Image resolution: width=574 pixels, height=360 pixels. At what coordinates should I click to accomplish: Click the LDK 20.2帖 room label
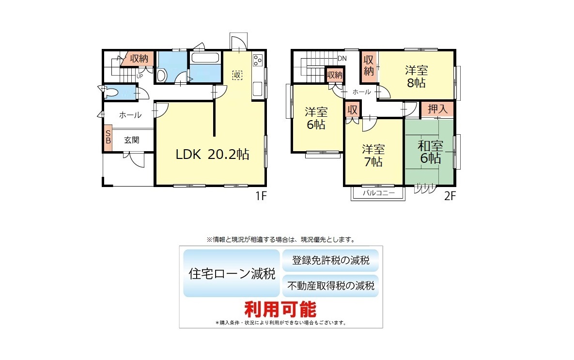212,154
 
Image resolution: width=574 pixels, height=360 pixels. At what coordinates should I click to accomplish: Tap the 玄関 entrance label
131,140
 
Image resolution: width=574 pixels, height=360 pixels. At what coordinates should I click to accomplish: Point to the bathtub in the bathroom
205,58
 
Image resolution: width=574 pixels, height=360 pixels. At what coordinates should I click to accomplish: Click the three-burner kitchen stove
258,60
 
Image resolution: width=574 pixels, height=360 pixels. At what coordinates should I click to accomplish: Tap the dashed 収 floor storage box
237,76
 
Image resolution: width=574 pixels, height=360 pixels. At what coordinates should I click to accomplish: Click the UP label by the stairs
140,77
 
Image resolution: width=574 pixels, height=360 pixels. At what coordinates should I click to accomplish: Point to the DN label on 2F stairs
342,59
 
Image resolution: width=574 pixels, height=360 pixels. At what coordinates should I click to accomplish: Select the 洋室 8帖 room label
416,77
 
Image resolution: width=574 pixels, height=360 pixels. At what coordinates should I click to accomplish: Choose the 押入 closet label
437,109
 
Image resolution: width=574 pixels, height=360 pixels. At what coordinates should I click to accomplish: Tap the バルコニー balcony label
378,193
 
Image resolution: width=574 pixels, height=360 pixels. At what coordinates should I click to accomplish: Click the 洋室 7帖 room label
373,155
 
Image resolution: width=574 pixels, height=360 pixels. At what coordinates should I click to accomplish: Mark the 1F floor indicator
261,196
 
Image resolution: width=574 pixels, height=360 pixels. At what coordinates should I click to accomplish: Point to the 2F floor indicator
450,196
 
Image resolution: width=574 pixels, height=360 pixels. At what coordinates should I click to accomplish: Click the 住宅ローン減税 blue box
232,273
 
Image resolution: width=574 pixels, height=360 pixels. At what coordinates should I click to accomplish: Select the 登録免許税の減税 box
330,260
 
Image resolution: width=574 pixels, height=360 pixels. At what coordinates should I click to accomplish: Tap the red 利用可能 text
280,310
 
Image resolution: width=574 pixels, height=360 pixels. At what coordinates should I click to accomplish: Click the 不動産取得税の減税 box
330,286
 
